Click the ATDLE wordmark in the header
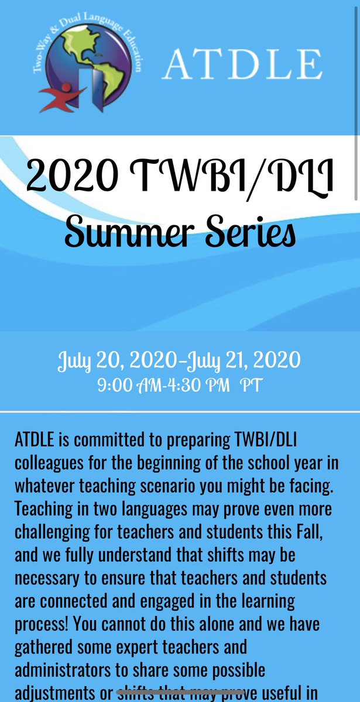(x=243, y=65)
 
